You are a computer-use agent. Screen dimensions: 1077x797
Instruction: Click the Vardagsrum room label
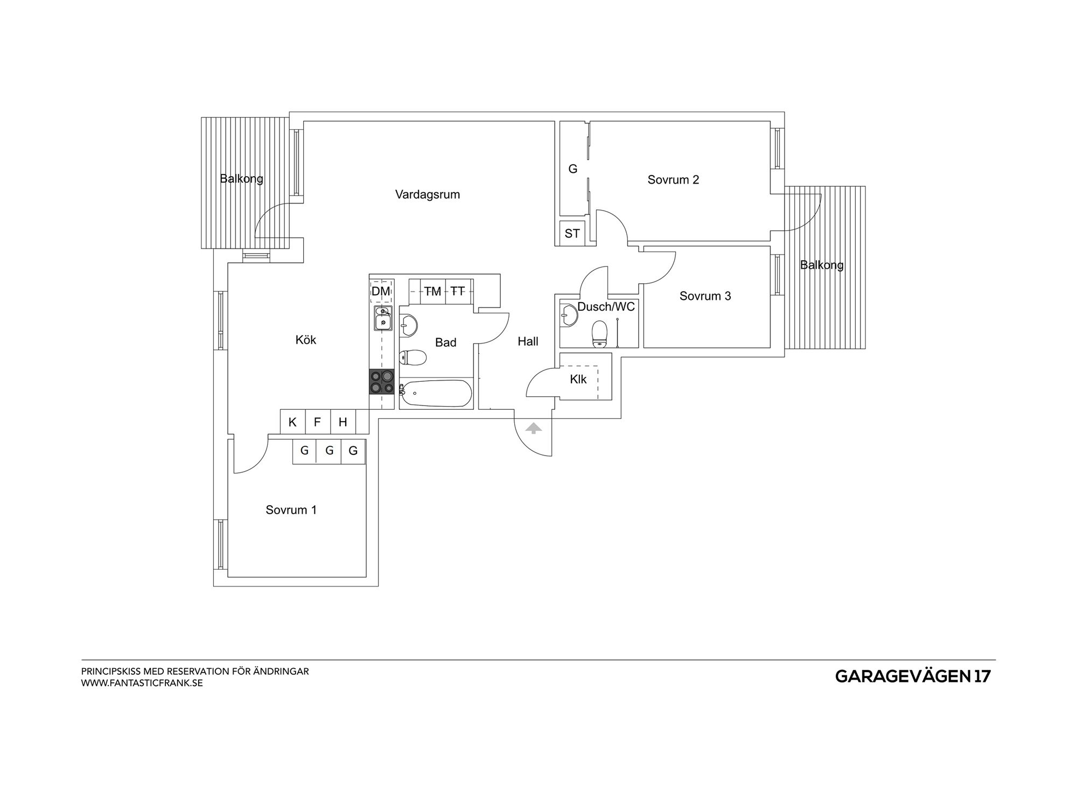tap(428, 194)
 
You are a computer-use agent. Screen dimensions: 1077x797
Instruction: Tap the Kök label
tap(306, 340)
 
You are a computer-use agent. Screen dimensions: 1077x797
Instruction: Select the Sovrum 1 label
tap(291, 510)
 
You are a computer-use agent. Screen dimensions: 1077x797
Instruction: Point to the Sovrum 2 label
tap(673, 180)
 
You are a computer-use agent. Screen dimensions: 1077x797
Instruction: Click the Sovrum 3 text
tap(705, 296)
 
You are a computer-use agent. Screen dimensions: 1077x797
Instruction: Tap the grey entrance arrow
tap(534, 428)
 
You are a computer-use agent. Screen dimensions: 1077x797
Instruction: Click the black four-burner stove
tap(381, 381)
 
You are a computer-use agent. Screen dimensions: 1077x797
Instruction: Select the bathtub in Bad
tap(436, 394)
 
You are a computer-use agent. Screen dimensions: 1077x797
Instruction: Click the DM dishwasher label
tap(381, 291)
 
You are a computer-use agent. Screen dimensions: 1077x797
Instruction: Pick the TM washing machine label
tap(432, 291)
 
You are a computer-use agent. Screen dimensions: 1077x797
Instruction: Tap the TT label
tap(457, 291)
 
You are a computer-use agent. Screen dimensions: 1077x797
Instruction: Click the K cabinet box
tap(293, 422)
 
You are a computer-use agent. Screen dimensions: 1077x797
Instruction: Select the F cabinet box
tap(318, 422)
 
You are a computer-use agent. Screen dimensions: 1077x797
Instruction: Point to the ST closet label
tap(572, 234)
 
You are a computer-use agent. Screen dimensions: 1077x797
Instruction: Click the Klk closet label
tap(578, 379)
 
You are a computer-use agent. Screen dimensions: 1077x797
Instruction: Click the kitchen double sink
tap(383, 318)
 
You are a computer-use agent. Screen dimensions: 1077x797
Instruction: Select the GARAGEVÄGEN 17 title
tap(913, 677)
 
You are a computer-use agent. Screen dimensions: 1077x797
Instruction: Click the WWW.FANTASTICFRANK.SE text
tap(142, 683)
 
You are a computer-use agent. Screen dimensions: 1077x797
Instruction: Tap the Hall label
tap(528, 341)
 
